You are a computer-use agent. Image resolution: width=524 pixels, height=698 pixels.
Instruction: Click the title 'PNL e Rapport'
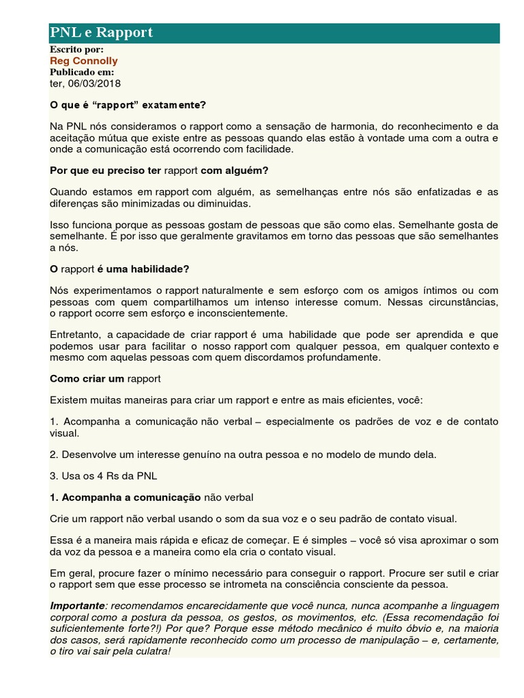click(x=101, y=33)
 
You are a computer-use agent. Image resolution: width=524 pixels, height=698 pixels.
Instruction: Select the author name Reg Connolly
click(x=84, y=61)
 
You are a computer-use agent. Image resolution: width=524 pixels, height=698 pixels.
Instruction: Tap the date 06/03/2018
click(x=96, y=83)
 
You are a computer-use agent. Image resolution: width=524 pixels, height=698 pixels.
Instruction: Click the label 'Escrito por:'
click(x=77, y=50)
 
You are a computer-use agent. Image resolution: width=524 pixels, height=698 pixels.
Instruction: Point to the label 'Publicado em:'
click(x=83, y=72)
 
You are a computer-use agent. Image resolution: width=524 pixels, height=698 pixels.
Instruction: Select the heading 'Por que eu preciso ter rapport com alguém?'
click(x=159, y=170)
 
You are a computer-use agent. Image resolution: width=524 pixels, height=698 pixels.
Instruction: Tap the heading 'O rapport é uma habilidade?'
click(x=119, y=269)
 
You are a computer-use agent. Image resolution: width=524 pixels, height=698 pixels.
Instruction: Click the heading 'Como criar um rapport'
click(x=105, y=378)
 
